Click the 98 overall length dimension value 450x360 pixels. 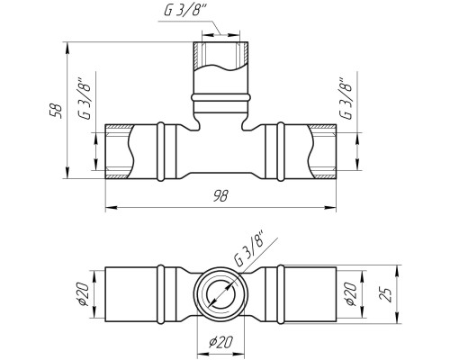[x=220, y=196]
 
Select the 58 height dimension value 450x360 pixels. [x=57, y=111]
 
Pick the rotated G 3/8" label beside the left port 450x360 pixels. [x=85, y=99]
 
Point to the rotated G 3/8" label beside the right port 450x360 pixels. [x=346, y=99]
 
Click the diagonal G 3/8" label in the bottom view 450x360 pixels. [x=249, y=247]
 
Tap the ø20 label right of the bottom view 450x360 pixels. [x=352, y=293]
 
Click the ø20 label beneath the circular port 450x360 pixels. [x=220, y=341]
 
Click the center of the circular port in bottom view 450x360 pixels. [x=220, y=293]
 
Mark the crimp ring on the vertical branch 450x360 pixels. [x=220, y=97]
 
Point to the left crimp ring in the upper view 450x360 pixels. [x=161, y=152]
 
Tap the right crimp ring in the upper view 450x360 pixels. [x=281, y=152]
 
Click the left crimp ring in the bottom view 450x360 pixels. [x=161, y=294]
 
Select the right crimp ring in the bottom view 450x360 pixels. [x=281, y=294]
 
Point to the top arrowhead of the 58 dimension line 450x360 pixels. [x=67, y=48]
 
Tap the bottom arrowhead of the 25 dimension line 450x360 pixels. [x=397, y=318]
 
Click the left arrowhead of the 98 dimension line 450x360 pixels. [x=111, y=207]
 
